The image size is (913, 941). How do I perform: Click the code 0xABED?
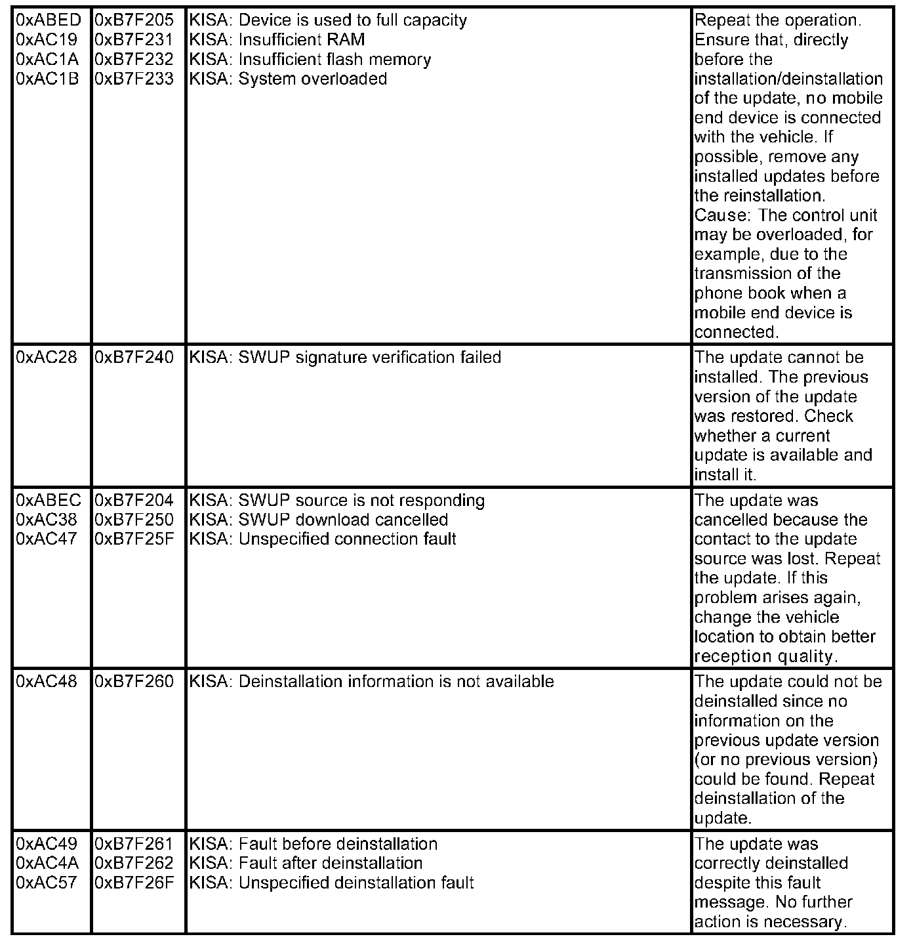click(x=49, y=20)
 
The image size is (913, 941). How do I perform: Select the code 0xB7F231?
click(x=134, y=40)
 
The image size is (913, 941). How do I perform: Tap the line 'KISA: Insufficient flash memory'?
click(x=310, y=60)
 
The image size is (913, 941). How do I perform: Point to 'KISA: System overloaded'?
click(x=288, y=79)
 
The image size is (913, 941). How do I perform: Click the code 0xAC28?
click(x=46, y=358)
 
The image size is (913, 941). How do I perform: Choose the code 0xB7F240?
click(x=134, y=358)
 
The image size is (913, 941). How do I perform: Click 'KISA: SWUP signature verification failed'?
click(x=345, y=358)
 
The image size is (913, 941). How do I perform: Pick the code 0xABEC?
click(x=49, y=501)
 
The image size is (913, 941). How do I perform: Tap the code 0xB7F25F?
click(x=134, y=539)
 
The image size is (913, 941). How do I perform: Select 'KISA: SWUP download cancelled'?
click(x=318, y=520)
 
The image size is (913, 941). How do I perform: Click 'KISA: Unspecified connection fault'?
click(x=322, y=539)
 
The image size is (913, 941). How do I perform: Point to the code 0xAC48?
click(x=46, y=682)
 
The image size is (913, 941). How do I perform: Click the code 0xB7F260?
click(x=134, y=682)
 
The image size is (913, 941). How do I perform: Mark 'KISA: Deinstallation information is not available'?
click(x=371, y=682)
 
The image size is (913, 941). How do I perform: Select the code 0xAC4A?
click(x=47, y=864)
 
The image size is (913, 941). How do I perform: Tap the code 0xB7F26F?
click(x=134, y=883)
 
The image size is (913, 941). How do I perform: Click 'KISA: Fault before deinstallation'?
click(x=313, y=844)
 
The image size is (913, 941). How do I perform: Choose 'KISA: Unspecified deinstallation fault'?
click(x=331, y=883)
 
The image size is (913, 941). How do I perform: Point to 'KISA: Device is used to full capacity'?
click(x=328, y=20)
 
